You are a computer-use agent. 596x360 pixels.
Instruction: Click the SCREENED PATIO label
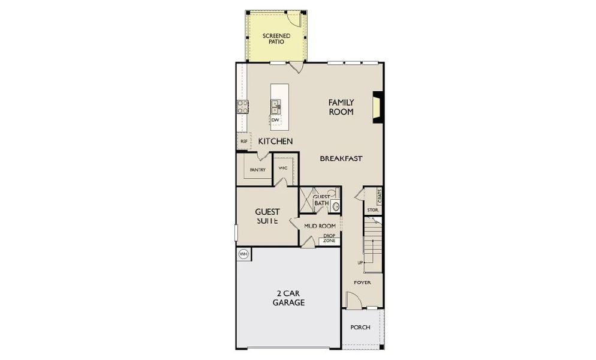click(x=276, y=40)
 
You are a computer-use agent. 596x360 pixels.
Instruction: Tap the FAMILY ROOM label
click(x=341, y=107)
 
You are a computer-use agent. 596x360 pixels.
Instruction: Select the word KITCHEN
click(x=275, y=142)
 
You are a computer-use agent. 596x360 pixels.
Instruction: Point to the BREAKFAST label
click(x=341, y=158)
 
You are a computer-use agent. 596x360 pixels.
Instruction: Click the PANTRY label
click(x=258, y=170)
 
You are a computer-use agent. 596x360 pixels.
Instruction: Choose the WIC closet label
click(x=283, y=168)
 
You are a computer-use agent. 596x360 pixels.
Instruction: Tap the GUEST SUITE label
click(x=266, y=216)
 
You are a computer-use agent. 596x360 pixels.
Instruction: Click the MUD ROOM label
click(x=319, y=226)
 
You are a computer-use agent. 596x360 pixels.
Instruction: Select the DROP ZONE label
click(x=329, y=238)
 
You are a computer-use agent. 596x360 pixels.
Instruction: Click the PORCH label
click(x=360, y=328)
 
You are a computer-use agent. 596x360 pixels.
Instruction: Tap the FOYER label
click(x=362, y=282)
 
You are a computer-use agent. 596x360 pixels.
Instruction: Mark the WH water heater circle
click(x=243, y=254)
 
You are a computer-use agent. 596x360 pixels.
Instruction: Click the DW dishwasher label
click(x=275, y=120)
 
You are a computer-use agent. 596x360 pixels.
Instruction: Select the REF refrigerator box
click(x=243, y=142)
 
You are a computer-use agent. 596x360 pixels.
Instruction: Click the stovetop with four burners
click(x=243, y=107)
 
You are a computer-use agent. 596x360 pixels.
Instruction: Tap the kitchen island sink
click(x=276, y=107)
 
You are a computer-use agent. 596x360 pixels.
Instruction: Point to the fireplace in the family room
click(x=377, y=107)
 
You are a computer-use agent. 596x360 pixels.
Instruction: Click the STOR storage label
click(x=372, y=210)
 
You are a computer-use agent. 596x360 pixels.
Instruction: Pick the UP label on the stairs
click(x=360, y=263)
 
